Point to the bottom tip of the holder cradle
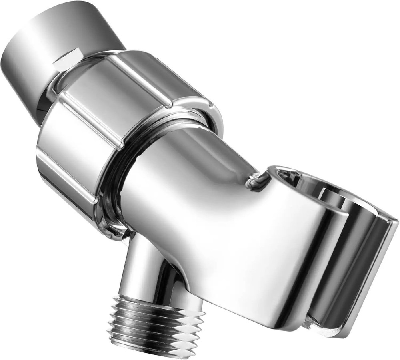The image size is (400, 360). pos(316,344)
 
